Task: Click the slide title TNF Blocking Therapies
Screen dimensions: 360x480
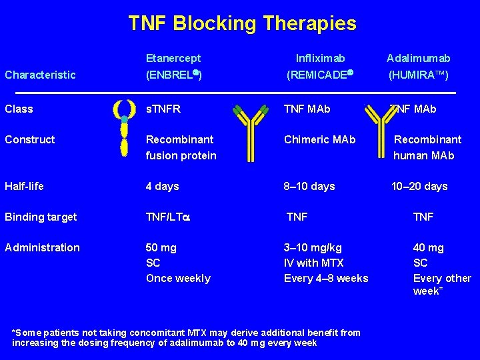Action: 242,24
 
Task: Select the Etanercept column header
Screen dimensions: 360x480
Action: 173,59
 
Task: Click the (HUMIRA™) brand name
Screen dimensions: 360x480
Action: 419,75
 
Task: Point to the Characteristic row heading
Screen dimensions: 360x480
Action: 40,75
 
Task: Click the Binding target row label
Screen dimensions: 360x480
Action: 41,217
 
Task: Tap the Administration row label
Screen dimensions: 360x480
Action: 42,247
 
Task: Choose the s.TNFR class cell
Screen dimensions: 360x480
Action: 163,109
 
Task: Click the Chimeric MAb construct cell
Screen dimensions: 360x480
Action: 320,139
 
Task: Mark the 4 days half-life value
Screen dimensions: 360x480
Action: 163,186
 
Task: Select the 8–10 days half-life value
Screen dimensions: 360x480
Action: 309,186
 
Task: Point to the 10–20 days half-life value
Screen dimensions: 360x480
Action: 419,186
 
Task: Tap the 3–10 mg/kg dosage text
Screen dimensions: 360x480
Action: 313,247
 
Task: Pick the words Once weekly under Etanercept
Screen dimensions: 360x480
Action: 178,278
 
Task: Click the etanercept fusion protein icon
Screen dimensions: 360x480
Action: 124,128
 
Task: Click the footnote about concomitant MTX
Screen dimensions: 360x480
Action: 187,337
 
